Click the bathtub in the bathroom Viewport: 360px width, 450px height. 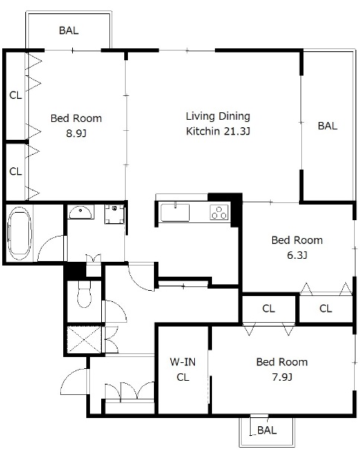[x=19, y=234]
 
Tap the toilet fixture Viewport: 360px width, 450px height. [x=84, y=294]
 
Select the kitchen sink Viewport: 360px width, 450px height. [x=175, y=213]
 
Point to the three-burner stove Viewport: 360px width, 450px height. [x=219, y=213]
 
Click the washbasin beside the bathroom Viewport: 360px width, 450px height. [x=80, y=212]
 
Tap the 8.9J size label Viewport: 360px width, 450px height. [x=76, y=133]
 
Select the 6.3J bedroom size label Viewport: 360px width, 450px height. [x=297, y=255]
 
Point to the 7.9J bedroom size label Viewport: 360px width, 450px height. [x=282, y=377]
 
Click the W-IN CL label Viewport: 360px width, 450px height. [x=183, y=370]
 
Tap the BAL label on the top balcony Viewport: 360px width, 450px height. [x=69, y=30]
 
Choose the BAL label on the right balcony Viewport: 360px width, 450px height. [x=327, y=126]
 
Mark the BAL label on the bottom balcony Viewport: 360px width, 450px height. [x=267, y=430]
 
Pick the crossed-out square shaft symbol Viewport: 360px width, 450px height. [x=84, y=339]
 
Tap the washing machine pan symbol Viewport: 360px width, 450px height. [x=115, y=213]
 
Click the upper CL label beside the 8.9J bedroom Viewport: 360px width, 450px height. [x=16, y=95]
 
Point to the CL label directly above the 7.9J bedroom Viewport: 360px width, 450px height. [x=269, y=309]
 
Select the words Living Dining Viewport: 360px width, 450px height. [x=218, y=116]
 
